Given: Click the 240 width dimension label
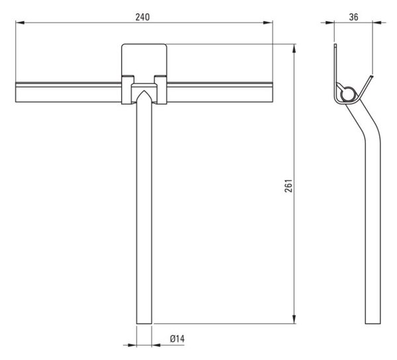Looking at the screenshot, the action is point(142,17).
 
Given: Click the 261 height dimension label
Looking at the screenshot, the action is point(288,186).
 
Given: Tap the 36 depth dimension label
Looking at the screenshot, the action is point(354,17).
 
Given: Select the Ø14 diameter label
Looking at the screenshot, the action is point(177,339).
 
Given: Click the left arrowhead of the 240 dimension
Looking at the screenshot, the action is point(20,22).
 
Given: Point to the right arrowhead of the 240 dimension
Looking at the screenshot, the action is point(268,22).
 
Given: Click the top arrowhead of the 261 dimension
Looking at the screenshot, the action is point(294,48).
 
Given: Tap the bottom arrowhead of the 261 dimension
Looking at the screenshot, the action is point(294,319).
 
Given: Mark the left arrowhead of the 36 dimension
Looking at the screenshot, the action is point(330,22).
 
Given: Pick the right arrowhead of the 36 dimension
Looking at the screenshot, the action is point(377,22).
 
